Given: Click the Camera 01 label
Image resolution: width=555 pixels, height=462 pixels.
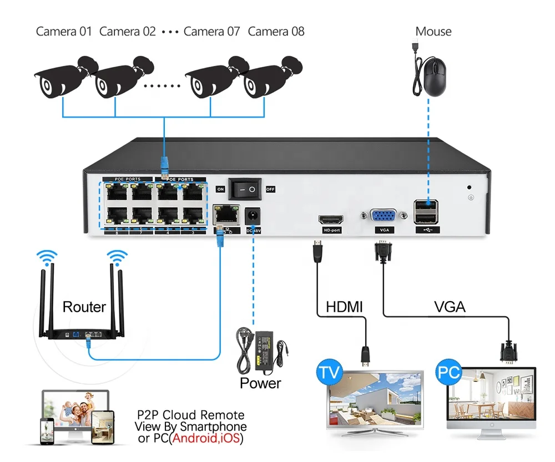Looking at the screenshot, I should click(63, 32).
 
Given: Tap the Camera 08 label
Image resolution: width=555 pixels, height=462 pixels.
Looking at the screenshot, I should click(276, 32).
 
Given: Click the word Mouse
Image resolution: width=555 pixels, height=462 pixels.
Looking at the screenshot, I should click(433, 32).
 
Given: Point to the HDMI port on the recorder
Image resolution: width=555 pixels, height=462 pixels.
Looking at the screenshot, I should click(330, 219).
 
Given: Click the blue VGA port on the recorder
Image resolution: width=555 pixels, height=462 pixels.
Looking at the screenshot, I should click(383, 217).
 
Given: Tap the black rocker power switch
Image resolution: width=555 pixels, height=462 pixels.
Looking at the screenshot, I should click(245, 189).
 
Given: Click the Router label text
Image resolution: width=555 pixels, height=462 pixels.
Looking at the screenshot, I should click(84, 307).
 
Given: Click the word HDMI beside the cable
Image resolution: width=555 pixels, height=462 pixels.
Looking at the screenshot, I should click(344, 307).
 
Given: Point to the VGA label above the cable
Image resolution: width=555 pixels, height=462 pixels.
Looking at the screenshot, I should click(450, 307).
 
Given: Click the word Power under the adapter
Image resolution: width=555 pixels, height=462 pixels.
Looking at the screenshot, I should click(260, 383).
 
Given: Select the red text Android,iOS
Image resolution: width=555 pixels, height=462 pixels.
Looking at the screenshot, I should click(208, 439).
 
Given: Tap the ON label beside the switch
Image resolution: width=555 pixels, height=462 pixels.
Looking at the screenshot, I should click(220, 189).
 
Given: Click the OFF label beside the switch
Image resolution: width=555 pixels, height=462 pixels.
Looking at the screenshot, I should click(270, 189).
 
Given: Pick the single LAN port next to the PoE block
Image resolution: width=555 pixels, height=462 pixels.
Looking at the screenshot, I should click(224, 213).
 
